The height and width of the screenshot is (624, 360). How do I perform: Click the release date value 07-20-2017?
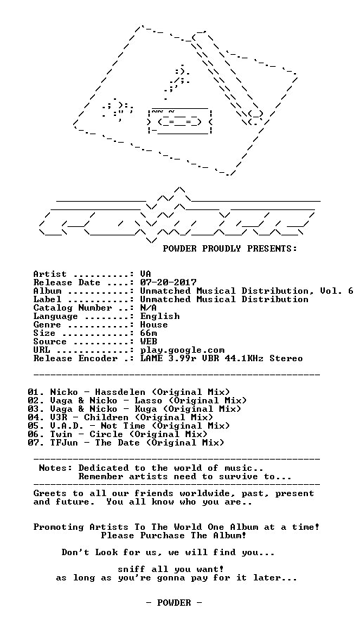tap(168, 282)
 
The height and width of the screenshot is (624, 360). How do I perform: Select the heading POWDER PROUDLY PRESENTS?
tap(230, 249)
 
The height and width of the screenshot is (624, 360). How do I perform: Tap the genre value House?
tap(154, 325)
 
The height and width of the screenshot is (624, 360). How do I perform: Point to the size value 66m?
tap(148, 333)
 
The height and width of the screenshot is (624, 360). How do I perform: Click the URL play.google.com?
tap(182, 351)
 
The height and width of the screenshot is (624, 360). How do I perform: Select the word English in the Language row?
tap(160, 316)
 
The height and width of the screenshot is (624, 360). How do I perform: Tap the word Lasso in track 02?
tap(148, 401)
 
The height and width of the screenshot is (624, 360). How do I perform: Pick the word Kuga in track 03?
tap(146, 409)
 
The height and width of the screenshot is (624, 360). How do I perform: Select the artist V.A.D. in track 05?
tap(64, 426)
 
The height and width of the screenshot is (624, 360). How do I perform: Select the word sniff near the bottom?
tap(131, 569)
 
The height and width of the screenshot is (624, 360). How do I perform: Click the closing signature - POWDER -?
tap(174, 603)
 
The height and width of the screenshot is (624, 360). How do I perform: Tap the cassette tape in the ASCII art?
tap(179, 121)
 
